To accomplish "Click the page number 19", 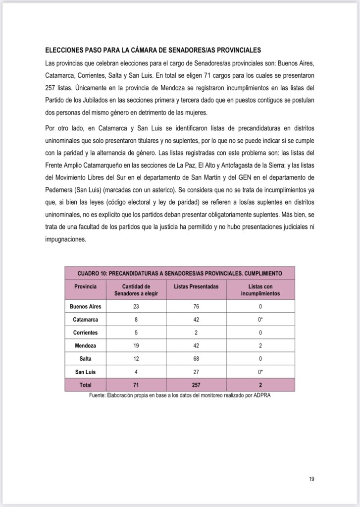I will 311,478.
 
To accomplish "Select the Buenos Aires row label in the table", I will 85,306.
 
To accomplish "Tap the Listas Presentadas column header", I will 196,286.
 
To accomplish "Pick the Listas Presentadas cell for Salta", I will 196,358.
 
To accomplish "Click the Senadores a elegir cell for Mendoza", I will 136,345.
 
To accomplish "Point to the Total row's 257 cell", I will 196,385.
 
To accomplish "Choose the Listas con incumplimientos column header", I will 260,290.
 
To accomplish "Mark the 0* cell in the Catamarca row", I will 260,320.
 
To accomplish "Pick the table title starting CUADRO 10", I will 180,273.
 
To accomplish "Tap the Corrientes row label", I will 85,333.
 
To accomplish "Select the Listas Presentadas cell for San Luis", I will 196,372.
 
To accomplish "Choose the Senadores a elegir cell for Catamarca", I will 136,320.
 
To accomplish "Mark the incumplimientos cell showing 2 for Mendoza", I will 260,345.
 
